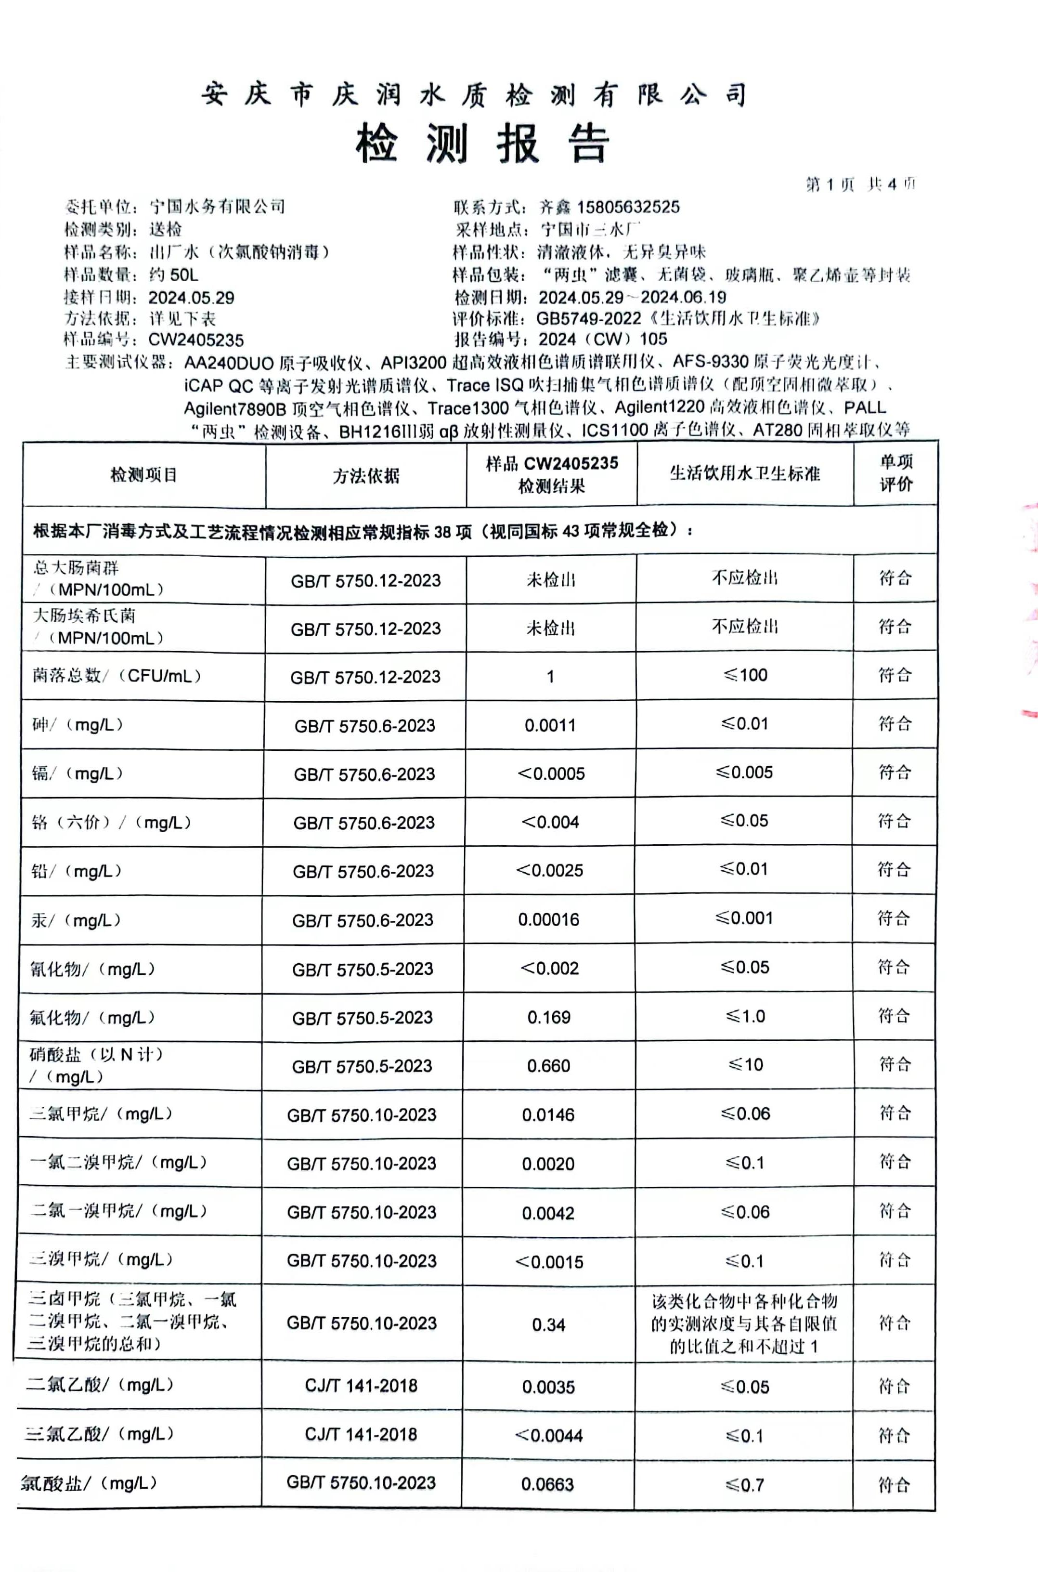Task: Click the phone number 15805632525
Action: coord(628,207)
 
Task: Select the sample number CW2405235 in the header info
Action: coord(196,341)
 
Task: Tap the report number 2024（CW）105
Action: coord(602,340)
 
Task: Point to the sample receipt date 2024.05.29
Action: coord(191,298)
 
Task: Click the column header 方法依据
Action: coord(365,475)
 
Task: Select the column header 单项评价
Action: coord(895,473)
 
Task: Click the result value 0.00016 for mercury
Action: coord(549,920)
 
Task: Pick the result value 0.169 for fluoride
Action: coord(549,1017)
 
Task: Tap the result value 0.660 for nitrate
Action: coord(549,1066)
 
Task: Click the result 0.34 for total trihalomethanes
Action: coord(549,1324)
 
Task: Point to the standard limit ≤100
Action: coord(745,675)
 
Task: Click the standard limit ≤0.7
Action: coord(745,1485)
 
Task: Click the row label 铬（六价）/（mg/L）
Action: coord(112,823)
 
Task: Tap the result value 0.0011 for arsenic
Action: coord(549,725)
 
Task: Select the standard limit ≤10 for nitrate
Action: coord(745,1065)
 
